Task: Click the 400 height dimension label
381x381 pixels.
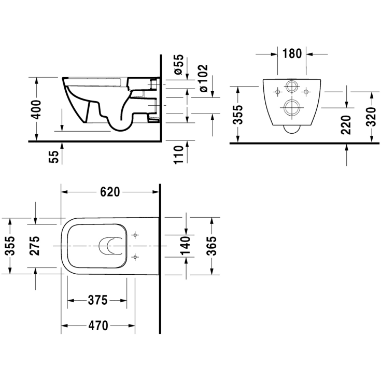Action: pyautogui.click(x=36, y=108)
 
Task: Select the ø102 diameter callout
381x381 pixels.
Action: pyautogui.click(x=203, y=78)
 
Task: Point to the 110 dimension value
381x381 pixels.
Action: pyautogui.click(x=178, y=155)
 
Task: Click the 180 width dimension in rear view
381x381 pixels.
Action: pyautogui.click(x=292, y=53)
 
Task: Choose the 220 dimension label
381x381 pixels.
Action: pyautogui.click(x=347, y=125)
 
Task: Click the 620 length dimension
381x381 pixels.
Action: pyautogui.click(x=110, y=192)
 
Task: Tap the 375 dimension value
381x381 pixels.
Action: pyautogui.click(x=97, y=300)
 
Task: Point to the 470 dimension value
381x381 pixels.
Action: pyautogui.click(x=98, y=326)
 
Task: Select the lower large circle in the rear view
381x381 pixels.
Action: pyautogui.click(x=292, y=107)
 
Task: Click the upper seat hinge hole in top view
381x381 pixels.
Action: pyautogui.click(x=136, y=235)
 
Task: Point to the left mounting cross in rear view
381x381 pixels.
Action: pyautogui.click(x=278, y=92)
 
